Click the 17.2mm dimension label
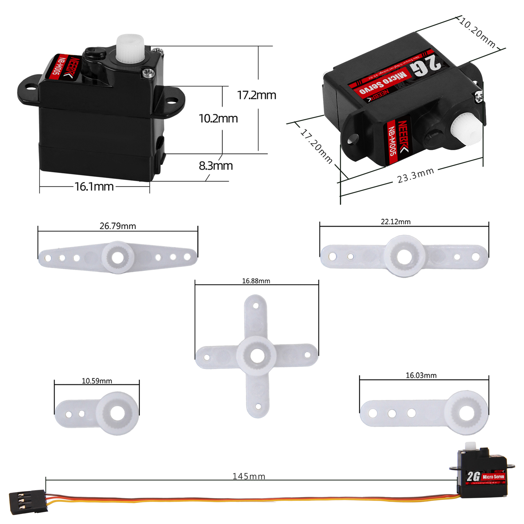tap(256, 95)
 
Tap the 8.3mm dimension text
tap(216, 166)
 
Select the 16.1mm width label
tap(94, 187)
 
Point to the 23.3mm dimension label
tap(415, 176)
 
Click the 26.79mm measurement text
tap(118, 226)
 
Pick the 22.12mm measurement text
tap(395, 222)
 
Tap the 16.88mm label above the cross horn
tap(256, 281)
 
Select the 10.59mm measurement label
tap(97, 381)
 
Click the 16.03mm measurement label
tap(421, 375)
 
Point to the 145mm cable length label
tap(249, 476)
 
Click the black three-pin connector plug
tap(28, 501)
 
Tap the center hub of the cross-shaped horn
tap(257, 356)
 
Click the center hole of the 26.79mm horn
tap(118, 257)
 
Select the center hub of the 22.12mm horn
tap(404, 256)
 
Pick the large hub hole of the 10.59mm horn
tap(117, 413)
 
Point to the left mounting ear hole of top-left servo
tap(31, 87)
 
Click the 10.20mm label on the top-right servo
tap(477, 33)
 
